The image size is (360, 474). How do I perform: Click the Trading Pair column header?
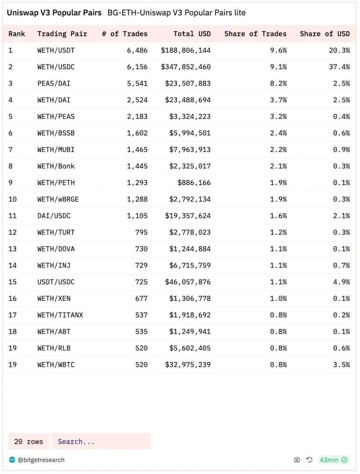[x=62, y=34]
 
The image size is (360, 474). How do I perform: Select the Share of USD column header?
[x=325, y=34]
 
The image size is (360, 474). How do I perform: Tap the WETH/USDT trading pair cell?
[x=56, y=50]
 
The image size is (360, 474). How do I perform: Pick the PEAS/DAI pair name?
[x=54, y=83]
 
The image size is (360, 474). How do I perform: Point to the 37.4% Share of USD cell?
[x=341, y=67]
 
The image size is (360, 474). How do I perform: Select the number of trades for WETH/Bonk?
[x=137, y=166]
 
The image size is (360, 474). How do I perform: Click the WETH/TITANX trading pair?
[x=60, y=315]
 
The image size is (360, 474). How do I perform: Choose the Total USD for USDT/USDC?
[x=188, y=282]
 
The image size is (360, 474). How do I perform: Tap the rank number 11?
[x=12, y=216]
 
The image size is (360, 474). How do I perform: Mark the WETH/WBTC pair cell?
[x=56, y=365]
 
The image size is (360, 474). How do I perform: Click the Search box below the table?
[x=101, y=442]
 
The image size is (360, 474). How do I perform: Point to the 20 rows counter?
[x=29, y=442]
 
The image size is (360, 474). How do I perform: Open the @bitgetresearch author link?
[x=41, y=460]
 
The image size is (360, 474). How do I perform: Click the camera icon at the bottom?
[x=297, y=460]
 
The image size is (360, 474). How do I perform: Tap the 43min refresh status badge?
[x=333, y=460]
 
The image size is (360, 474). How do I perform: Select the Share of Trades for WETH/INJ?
[x=278, y=265]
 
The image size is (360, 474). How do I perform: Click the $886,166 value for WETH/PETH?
[x=194, y=183]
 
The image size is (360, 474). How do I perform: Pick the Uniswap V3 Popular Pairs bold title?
[x=54, y=13]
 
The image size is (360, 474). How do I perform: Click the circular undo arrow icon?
[x=310, y=460]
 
